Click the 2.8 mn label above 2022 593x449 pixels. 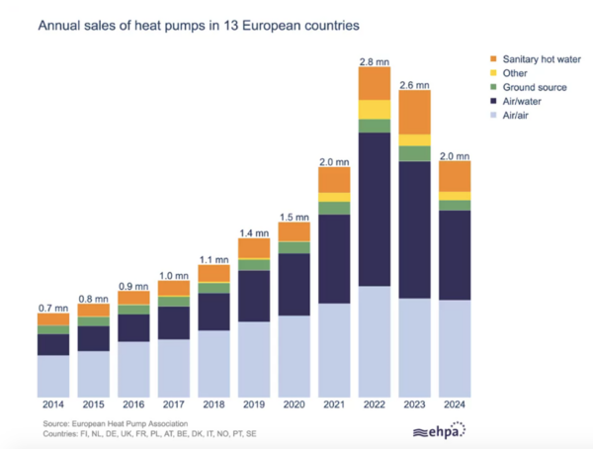[375, 58]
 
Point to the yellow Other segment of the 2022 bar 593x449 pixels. [375, 109]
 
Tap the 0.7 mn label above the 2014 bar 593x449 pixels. [53, 308]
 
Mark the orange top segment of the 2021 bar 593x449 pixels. [334, 180]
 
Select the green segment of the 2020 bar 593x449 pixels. [295, 247]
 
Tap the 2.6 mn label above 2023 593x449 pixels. [414, 82]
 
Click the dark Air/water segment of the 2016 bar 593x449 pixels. [133, 327]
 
